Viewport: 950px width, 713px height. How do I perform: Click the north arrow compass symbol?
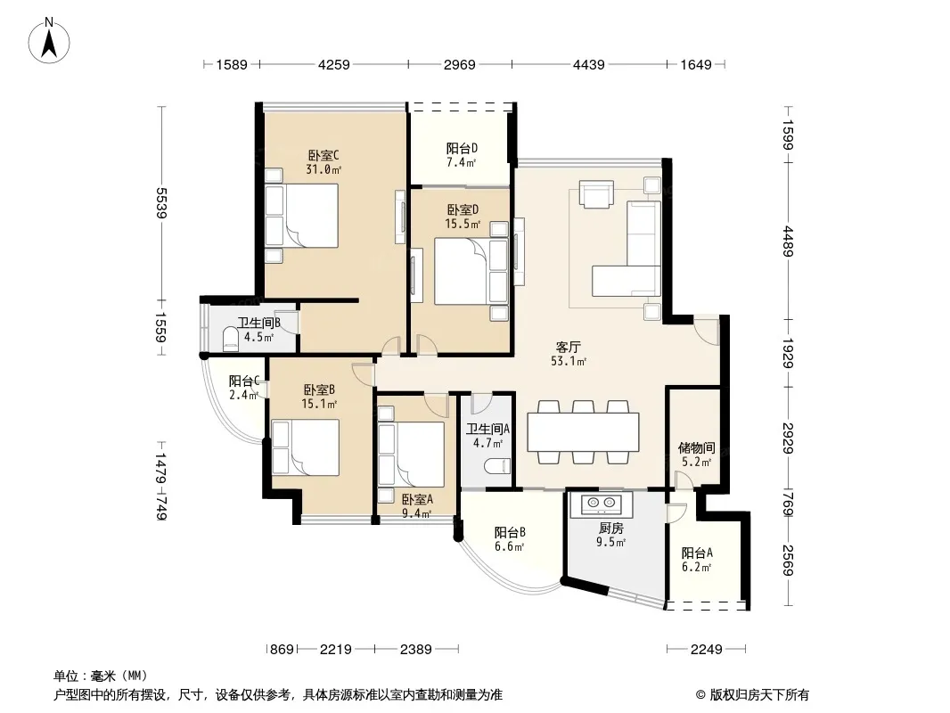49,41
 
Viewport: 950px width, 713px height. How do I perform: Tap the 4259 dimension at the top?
334,64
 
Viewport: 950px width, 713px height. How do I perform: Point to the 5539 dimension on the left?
161,203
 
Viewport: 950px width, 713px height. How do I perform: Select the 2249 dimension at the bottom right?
707,650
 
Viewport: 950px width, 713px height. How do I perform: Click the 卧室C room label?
323,155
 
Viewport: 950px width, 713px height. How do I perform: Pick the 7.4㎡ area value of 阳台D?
461,162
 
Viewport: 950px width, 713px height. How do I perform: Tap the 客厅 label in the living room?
569,347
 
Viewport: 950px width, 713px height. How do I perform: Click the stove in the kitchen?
599,503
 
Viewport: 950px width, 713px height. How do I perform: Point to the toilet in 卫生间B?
231,340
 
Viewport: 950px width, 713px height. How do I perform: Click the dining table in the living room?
583,431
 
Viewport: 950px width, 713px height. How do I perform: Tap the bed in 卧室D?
471,271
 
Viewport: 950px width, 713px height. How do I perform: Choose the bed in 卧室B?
306,447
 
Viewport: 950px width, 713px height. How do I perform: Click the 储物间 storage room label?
696,447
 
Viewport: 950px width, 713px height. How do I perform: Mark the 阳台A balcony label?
697,553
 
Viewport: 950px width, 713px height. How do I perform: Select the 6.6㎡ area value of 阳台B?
509,546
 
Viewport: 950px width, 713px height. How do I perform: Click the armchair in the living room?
596,194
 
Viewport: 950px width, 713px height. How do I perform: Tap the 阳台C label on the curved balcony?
244,381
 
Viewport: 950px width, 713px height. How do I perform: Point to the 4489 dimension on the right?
788,242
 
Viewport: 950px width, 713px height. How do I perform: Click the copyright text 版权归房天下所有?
759,695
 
